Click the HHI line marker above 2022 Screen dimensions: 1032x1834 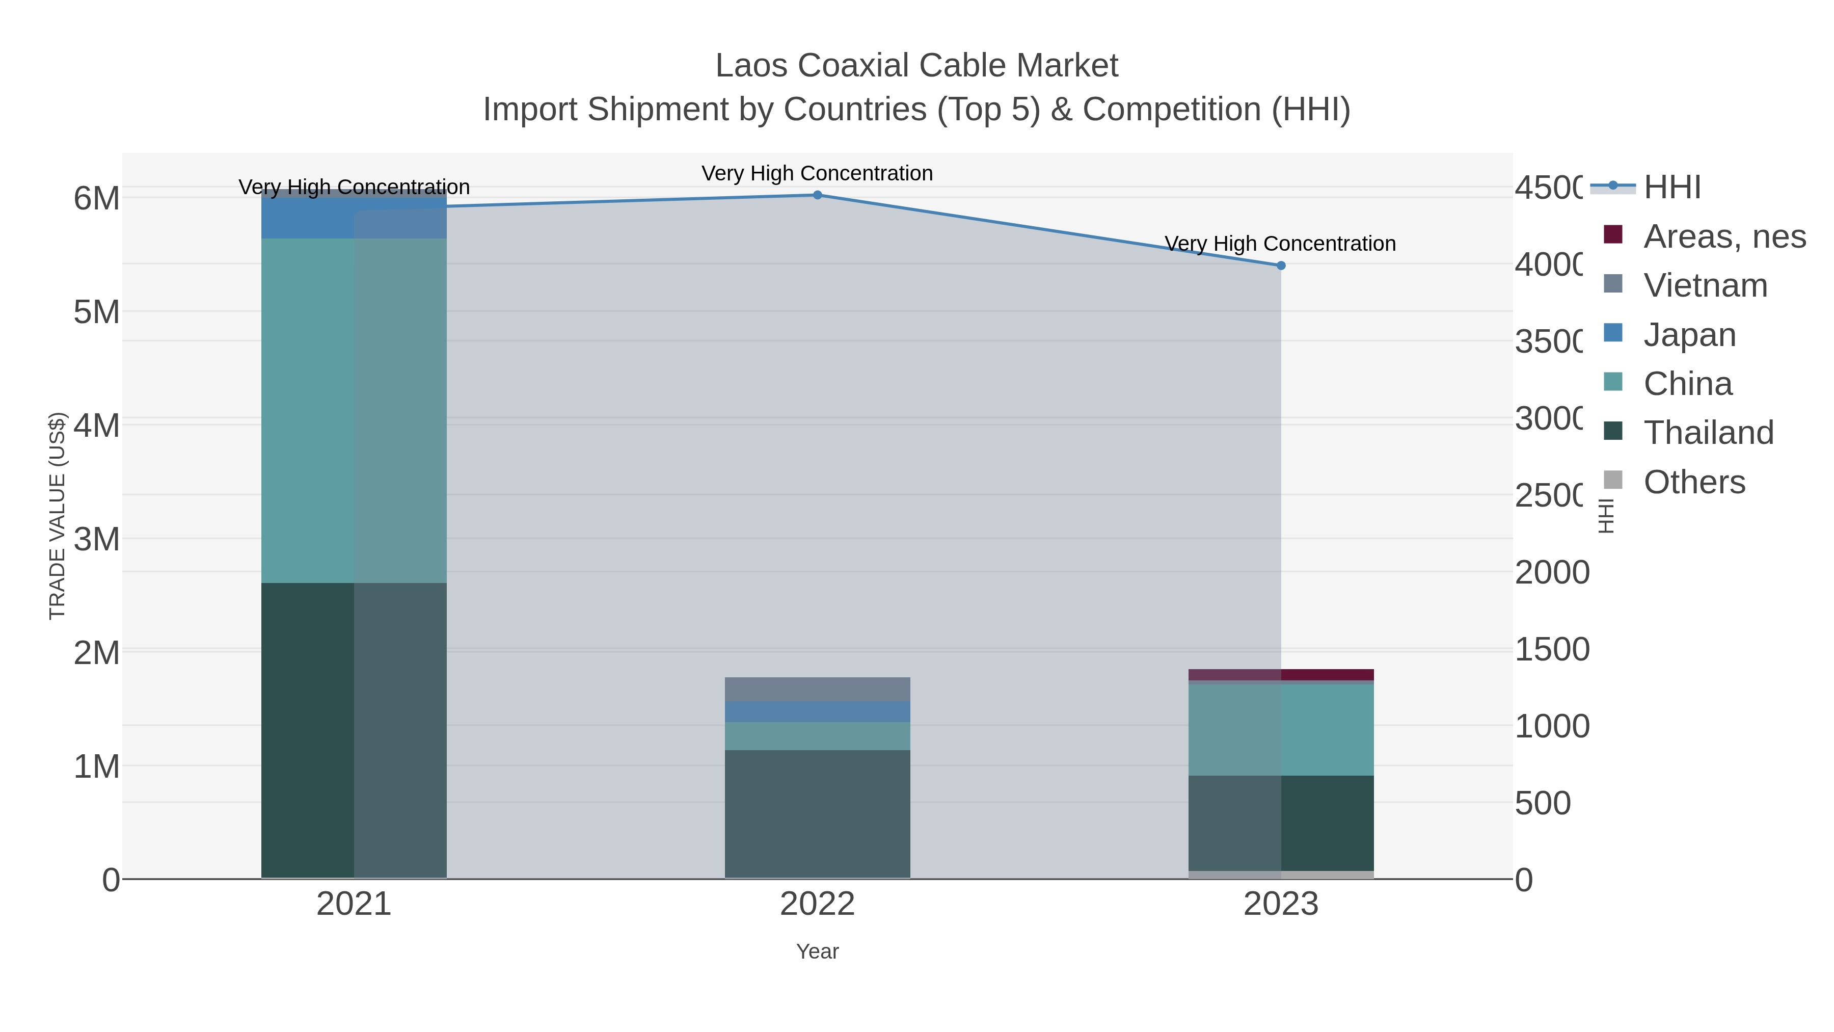pos(817,195)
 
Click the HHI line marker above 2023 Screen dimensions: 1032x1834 pos(1281,266)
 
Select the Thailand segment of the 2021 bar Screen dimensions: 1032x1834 pos(354,730)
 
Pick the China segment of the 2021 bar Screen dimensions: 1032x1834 pos(354,410)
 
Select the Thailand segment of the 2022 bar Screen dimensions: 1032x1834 pos(817,813)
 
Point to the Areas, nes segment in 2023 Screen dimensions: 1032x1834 pos(1281,674)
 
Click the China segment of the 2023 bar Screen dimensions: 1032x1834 pos(1281,729)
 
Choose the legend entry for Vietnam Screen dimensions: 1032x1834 pos(1705,285)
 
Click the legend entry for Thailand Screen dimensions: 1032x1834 pos(1708,433)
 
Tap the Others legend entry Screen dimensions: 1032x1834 pos(1694,482)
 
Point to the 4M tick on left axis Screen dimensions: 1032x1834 pos(97,426)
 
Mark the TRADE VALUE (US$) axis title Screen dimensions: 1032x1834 pos(57,516)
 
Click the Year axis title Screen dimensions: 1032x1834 pos(817,951)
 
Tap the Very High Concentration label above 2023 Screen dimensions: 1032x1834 pos(1280,244)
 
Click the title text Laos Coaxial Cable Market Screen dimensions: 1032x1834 pos(916,66)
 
